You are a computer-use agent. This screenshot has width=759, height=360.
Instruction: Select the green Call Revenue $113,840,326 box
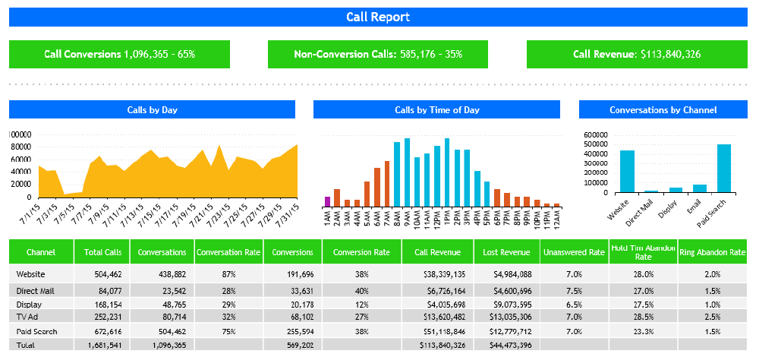coord(637,54)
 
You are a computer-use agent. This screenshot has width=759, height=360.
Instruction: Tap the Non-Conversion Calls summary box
coord(378,54)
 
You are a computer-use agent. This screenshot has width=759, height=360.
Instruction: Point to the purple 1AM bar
coord(327,201)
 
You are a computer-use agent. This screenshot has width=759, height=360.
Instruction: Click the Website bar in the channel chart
coord(627,171)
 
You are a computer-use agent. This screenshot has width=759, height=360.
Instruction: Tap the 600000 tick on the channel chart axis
coord(597,135)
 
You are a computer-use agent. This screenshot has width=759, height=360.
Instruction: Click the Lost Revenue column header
coord(506,252)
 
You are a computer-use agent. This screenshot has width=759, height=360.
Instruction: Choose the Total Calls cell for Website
coord(102,273)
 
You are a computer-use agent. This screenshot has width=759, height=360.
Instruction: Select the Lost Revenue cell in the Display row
coord(506,303)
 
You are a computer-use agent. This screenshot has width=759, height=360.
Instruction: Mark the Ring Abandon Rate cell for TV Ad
coord(712,315)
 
